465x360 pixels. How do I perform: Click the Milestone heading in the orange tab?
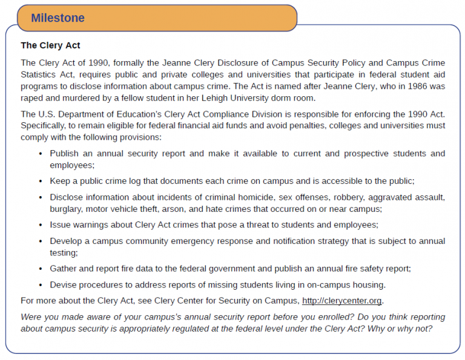[58, 18]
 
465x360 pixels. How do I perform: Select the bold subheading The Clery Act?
[50, 45]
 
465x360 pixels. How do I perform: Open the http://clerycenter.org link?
[341, 301]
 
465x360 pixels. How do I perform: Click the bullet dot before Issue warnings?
[41, 225]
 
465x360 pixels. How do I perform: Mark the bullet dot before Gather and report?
[41, 269]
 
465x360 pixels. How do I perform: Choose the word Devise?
[64, 284]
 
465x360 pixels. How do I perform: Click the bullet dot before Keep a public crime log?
[41, 182]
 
